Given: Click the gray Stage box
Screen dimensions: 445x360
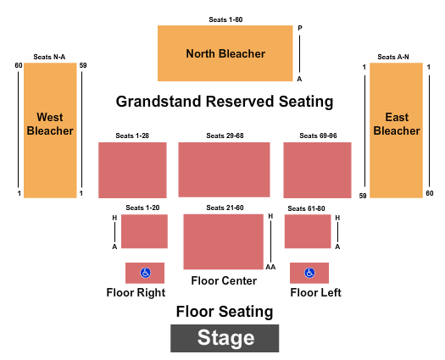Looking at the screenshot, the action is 225,338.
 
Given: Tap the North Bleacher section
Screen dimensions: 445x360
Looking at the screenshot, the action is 225,53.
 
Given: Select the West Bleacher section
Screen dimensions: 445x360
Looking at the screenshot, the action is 50,130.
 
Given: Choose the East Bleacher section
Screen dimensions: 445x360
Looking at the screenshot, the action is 396,130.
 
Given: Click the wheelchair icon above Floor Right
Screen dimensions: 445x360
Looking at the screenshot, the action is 145,273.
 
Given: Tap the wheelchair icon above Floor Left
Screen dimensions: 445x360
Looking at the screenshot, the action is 309,273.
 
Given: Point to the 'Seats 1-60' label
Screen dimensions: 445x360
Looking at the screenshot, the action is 225,19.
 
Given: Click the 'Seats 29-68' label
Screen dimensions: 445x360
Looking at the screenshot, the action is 225,136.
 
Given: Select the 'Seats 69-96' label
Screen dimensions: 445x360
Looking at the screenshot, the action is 318,136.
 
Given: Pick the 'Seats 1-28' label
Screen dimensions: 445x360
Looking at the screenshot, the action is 132,136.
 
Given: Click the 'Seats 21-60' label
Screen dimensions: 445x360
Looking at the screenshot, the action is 225,208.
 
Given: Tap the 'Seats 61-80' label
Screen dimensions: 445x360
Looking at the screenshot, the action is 306,208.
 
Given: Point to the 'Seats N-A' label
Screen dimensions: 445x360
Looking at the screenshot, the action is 49,57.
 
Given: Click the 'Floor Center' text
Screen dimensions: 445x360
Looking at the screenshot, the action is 224,280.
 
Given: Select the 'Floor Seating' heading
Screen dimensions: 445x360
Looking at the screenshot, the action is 225,312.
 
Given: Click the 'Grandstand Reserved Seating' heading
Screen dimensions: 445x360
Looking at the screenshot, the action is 225,102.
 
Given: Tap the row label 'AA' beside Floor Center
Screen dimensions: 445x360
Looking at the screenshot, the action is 270,267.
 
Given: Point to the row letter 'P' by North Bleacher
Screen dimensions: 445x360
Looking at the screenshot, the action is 300,28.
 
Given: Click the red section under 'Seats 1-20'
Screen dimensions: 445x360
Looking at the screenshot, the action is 144,231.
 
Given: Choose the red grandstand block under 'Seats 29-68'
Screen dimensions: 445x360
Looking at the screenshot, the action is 225,169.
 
